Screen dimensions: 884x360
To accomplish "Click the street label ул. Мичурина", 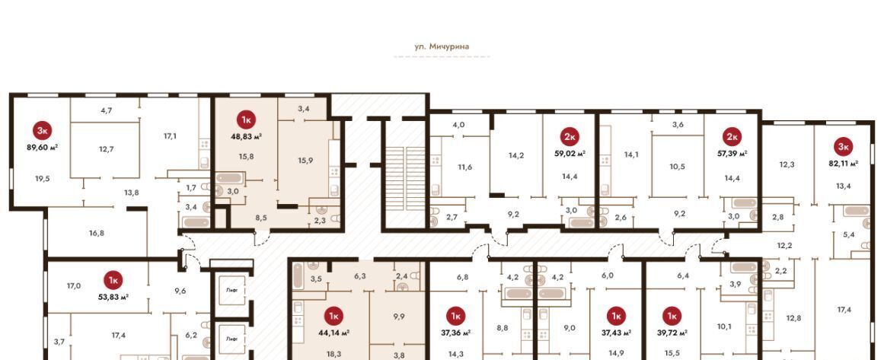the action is pos(442,46).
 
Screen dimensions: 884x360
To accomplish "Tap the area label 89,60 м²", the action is pos(43,146).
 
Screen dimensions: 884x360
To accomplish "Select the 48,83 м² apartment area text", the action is pos(247,135).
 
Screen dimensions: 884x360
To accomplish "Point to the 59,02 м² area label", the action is pos(570,152).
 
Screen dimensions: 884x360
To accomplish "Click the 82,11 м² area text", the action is pos(844,163).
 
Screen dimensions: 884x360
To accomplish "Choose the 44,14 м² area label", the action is pos(333,333).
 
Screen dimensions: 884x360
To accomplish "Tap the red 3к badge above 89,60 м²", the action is pos(42,131).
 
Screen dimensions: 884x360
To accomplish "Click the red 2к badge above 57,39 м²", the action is pos(732,136).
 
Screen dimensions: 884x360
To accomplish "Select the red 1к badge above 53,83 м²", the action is pos(113,280).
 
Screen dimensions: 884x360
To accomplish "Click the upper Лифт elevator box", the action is pos(231,291).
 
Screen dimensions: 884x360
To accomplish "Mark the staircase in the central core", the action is pos(405,178).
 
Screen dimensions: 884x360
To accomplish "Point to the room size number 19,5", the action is pos(43,178).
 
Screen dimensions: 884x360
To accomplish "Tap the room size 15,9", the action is pos(305,161).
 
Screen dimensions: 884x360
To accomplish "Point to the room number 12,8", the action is pos(793,317).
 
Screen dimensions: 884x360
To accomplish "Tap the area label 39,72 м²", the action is pos(672,333).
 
